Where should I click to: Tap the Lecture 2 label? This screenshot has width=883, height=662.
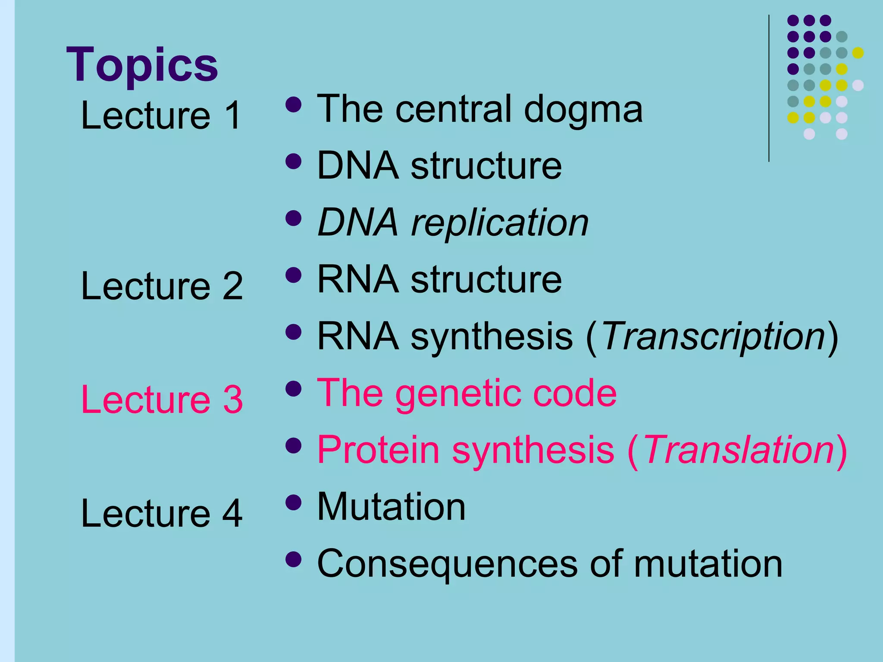click(162, 286)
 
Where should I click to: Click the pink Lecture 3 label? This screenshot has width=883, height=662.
click(162, 400)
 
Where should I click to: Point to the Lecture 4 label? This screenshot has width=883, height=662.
click(162, 513)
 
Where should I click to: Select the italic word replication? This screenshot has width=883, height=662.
click(500, 223)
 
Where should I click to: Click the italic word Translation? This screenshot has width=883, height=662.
click(739, 450)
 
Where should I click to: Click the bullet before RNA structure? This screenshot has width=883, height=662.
click(293, 275)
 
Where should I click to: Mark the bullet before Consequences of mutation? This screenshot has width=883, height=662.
click(293, 559)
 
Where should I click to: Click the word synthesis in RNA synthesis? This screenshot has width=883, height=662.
click(492, 337)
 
